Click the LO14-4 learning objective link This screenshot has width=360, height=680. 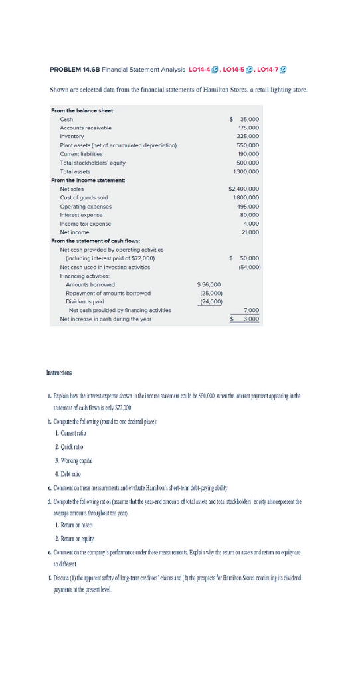pyautogui.click(x=206, y=70)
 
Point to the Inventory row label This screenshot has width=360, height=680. pyautogui.click(x=72, y=135)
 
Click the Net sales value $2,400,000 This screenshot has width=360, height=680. pyautogui.click(x=243, y=189)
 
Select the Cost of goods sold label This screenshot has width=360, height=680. pyautogui.click(x=84, y=197)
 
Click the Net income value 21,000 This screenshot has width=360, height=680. pyautogui.click(x=250, y=232)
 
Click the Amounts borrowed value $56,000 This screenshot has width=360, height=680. pyautogui.click(x=209, y=284)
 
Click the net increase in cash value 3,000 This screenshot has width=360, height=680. pyautogui.click(x=250, y=319)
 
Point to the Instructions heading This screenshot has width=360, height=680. pyautogui.click(x=63, y=374)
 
